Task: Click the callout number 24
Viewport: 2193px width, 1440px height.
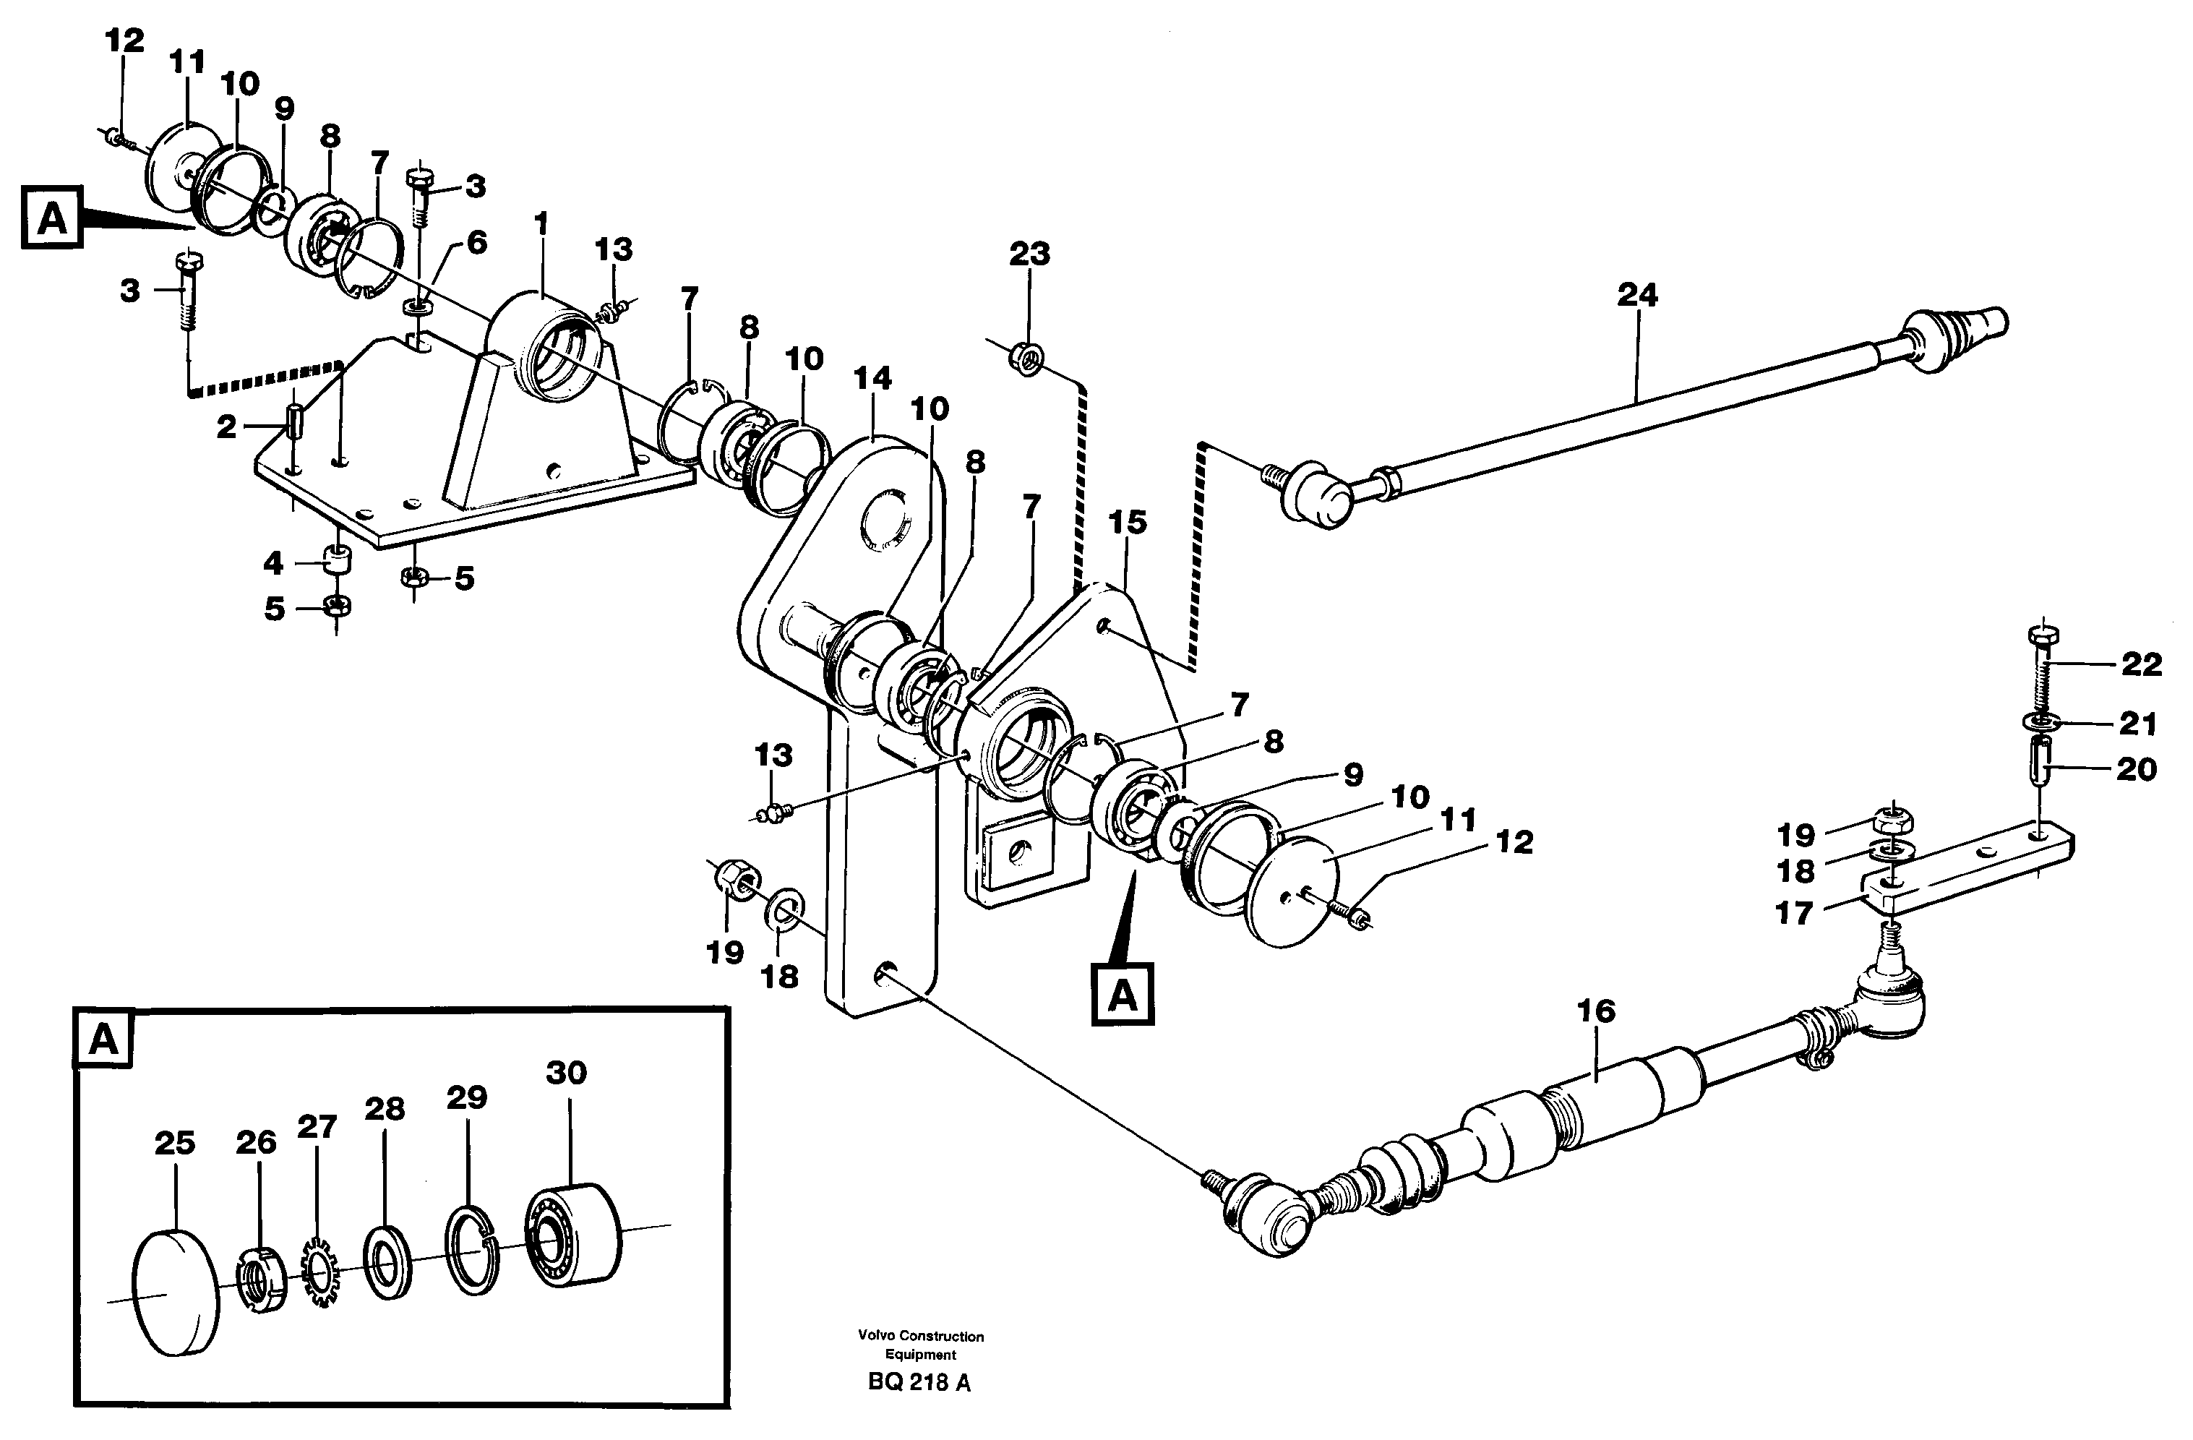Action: (1637, 296)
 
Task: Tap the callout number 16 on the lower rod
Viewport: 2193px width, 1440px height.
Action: (1596, 1011)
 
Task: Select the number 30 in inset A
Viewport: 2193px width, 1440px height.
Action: (566, 1072)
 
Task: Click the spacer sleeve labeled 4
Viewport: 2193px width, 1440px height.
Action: (336, 560)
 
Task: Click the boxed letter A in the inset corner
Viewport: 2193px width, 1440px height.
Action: (103, 1040)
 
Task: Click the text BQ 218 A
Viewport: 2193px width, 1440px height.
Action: (918, 1409)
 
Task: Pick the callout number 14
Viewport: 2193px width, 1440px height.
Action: (872, 379)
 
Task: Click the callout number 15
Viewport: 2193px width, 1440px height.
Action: (1127, 523)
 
